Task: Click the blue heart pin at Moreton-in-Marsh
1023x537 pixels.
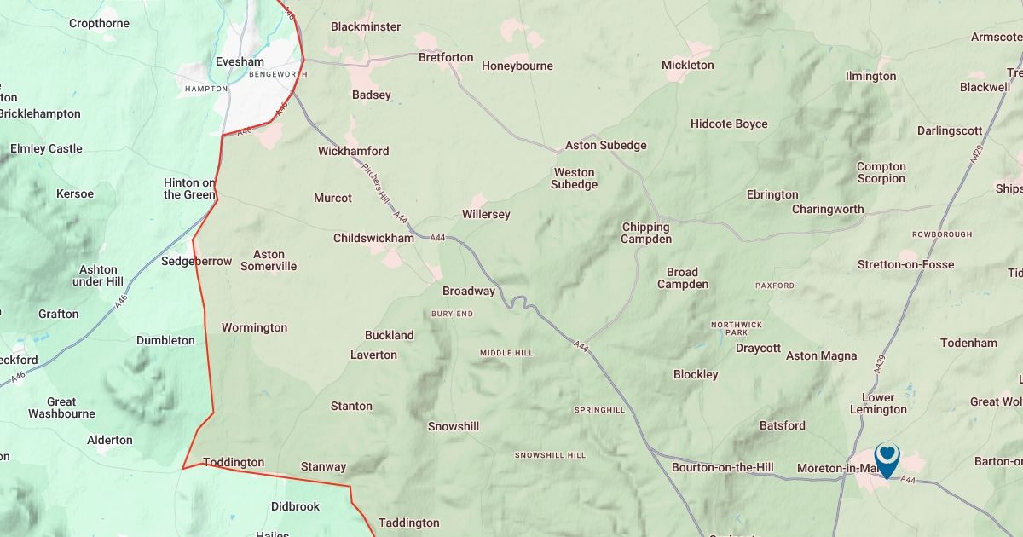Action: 887,458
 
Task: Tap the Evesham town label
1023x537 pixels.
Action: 240,61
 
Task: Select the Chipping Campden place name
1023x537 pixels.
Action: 645,233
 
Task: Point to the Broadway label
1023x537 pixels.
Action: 468,291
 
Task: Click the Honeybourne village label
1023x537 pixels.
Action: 517,66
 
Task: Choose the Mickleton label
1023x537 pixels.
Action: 687,65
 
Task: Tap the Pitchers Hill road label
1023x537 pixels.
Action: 375,182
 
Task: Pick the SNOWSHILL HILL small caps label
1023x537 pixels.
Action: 550,455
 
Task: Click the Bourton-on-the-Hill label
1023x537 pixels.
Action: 722,467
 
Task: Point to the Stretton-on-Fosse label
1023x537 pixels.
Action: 905,264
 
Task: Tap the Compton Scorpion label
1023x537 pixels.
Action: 881,172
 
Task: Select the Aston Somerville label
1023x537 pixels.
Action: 269,260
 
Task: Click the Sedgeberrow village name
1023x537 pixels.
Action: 196,261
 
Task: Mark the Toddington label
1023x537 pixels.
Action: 233,462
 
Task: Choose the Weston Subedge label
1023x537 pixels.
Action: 574,178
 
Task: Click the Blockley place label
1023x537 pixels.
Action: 696,374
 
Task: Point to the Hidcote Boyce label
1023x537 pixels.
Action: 728,124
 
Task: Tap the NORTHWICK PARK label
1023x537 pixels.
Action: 737,329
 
